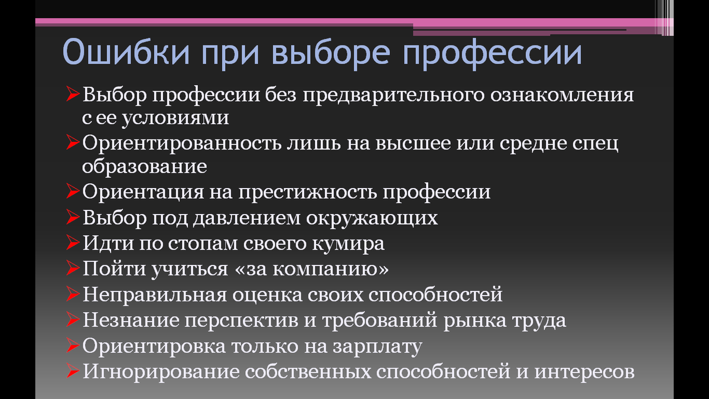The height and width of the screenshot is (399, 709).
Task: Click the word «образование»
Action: point(145,167)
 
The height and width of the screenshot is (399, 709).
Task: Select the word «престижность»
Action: point(310,193)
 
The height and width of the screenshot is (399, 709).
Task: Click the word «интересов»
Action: point(585,372)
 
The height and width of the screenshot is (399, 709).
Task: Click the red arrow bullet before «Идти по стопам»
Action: point(73,243)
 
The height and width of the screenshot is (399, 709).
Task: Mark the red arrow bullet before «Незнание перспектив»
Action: point(73,320)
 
